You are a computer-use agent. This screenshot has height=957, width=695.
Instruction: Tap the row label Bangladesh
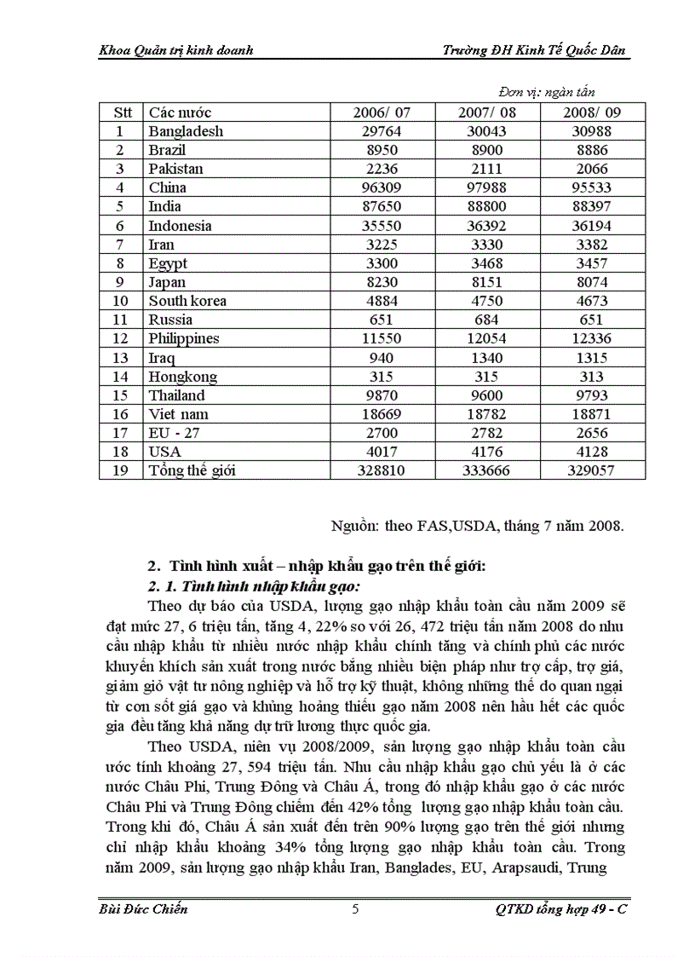(x=186, y=131)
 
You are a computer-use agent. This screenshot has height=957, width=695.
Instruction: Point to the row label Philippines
(x=183, y=338)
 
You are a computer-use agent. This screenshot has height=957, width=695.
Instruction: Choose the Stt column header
(x=120, y=112)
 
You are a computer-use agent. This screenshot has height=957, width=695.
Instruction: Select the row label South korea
(x=187, y=301)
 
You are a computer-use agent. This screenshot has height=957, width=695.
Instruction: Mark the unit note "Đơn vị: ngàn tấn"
(x=546, y=92)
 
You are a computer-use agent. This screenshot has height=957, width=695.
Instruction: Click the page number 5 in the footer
(x=355, y=909)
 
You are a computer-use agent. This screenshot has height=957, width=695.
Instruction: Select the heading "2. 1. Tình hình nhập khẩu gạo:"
(x=255, y=586)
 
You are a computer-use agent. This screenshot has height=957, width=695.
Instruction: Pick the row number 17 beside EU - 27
(x=120, y=433)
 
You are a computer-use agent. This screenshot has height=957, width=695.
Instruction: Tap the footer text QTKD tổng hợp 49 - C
(x=560, y=909)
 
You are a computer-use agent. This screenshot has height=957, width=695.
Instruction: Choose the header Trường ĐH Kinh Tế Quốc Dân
(x=535, y=49)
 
